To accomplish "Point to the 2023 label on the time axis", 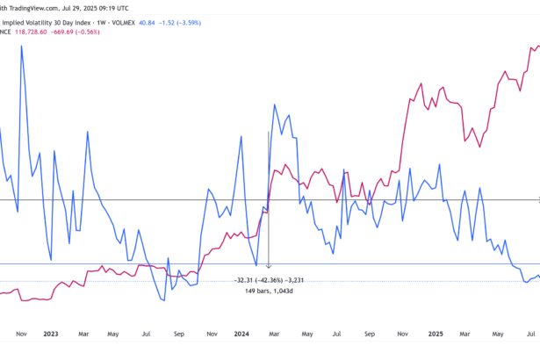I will (50, 334).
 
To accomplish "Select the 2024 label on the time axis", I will (243, 334).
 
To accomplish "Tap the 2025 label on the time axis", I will (436, 334).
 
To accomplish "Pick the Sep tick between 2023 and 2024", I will (178, 334).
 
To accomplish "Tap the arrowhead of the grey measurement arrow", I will (269, 265).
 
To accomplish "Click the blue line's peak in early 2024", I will (275, 104).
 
